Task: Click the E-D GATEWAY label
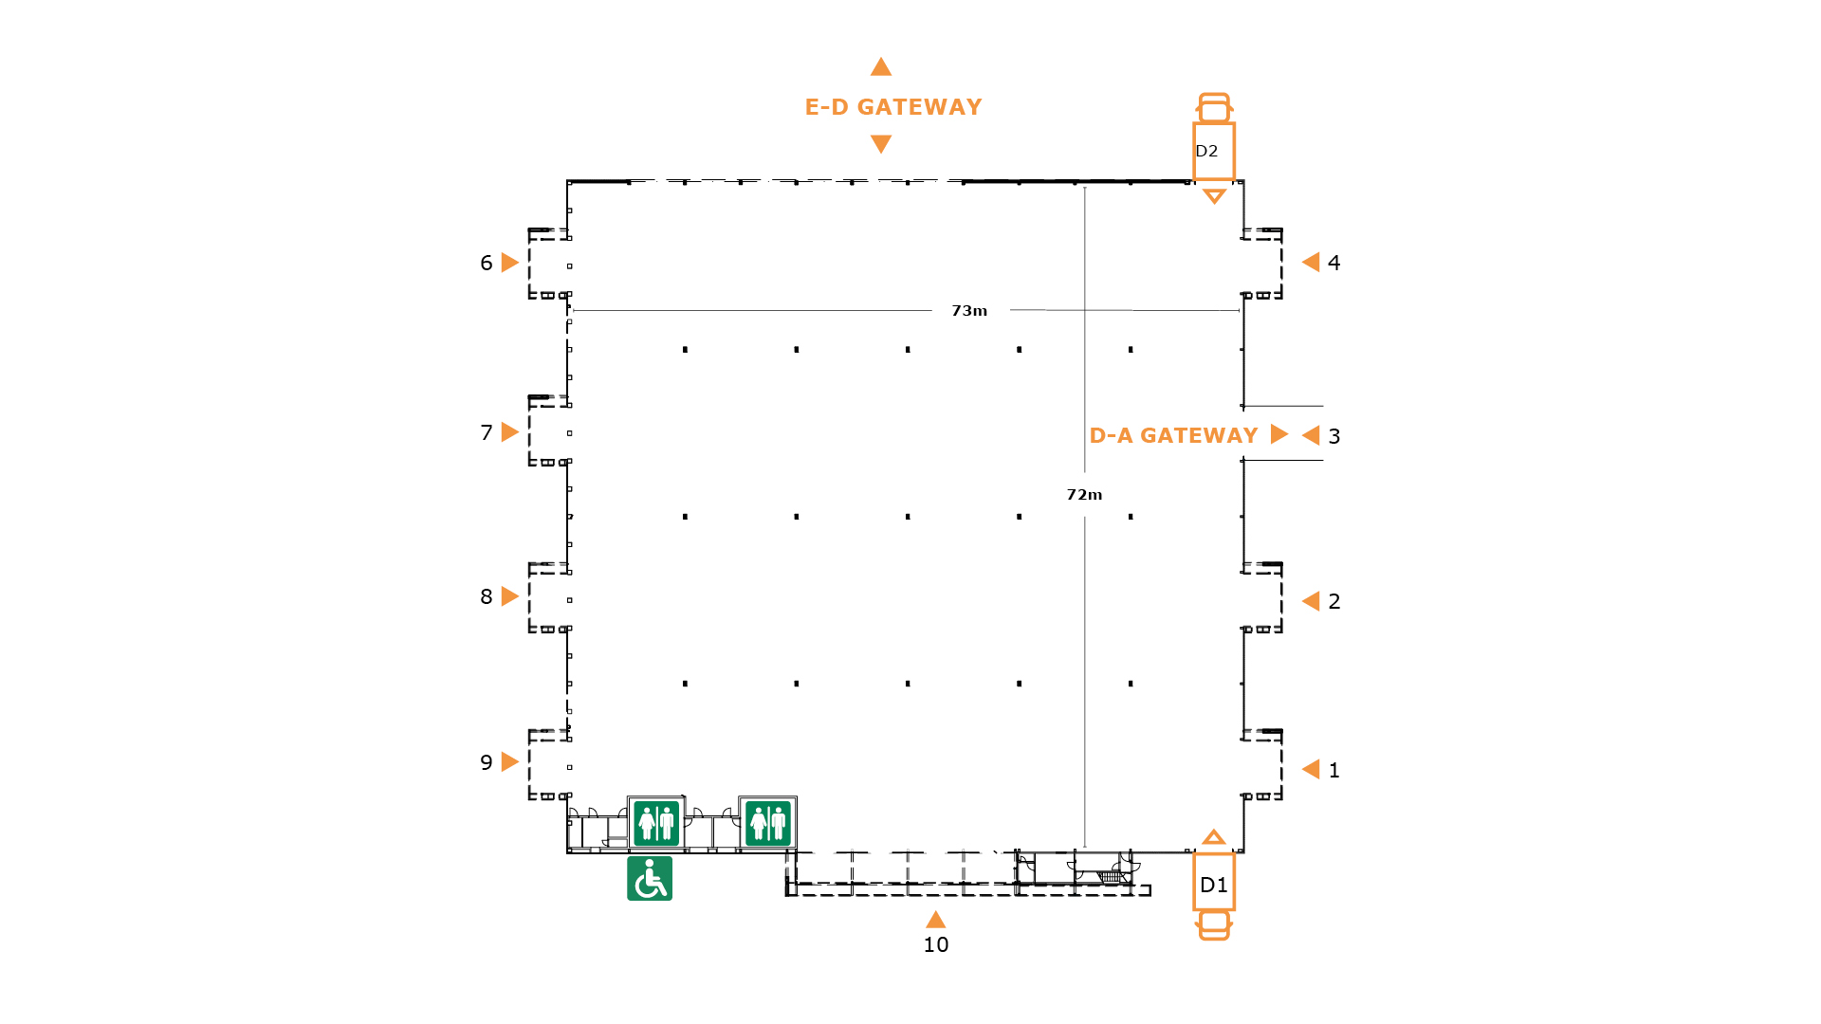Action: (893, 107)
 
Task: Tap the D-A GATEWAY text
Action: (1173, 435)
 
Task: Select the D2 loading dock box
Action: (1214, 152)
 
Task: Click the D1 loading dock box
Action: (1214, 882)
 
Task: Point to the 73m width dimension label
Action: (969, 311)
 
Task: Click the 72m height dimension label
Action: (1084, 495)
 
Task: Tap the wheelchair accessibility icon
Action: (650, 878)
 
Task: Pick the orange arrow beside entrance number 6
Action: (510, 263)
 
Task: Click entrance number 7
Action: (487, 433)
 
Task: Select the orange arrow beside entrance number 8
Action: (510, 596)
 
